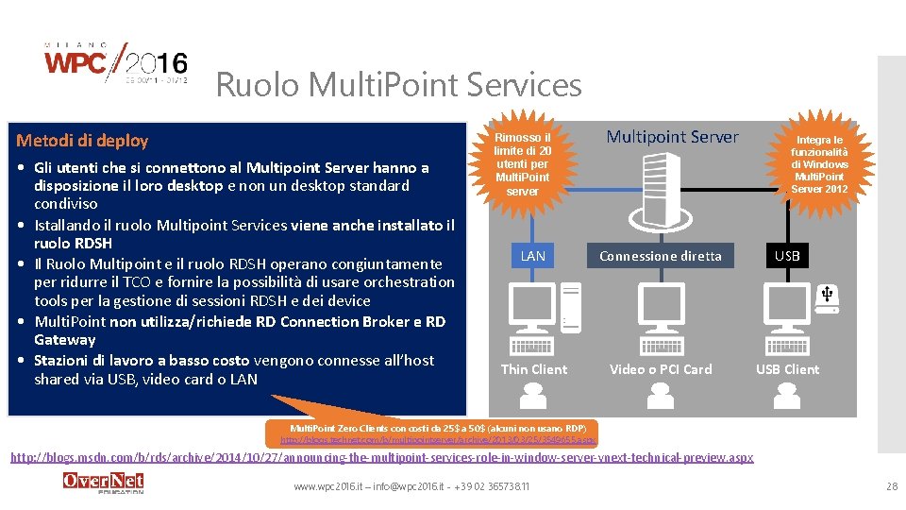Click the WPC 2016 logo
(116, 64)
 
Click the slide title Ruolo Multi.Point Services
(398, 85)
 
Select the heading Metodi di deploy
(83, 141)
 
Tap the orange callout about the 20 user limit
(522, 163)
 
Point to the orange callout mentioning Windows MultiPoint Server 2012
(819, 164)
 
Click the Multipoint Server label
(672, 137)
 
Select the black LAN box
(533, 256)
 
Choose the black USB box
(787, 256)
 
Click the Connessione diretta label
(661, 256)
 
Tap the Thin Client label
(534, 369)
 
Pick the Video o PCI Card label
(661, 369)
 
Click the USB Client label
(787, 369)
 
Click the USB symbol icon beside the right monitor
(827, 296)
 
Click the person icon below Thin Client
(534, 398)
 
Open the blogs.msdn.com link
(381, 458)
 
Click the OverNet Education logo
(103, 483)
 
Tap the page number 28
(891, 485)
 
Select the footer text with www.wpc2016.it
(411, 486)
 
